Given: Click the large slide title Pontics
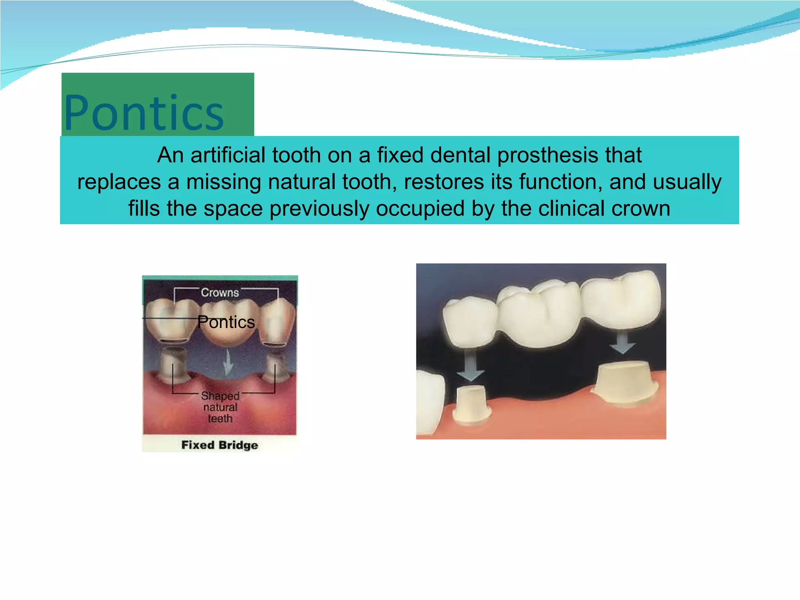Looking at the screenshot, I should [144, 113].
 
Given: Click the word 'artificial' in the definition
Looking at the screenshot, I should [228, 155].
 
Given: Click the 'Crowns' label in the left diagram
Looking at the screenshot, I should [220, 293].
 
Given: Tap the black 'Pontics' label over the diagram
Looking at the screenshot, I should [226, 322].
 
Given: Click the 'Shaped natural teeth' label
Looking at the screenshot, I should [220, 407].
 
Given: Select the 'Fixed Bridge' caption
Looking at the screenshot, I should [220, 445].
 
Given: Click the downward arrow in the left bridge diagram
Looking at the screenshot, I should [228, 365].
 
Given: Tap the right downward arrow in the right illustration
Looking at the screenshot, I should [623, 341].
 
